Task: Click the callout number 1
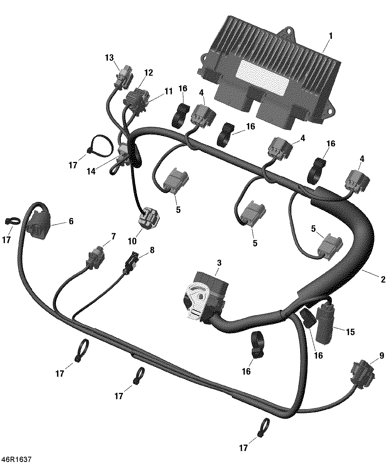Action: pos(331,36)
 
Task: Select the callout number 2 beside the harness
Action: pos(383,280)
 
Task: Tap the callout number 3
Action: pos(219,262)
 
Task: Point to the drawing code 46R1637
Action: pos(16,459)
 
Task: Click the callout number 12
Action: pos(148,72)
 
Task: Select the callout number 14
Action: pos(91,171)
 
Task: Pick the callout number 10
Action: pos(133,240)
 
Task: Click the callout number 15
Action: pos(350,332)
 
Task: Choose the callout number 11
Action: pos(168,91)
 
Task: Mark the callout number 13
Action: pos(109,58)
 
